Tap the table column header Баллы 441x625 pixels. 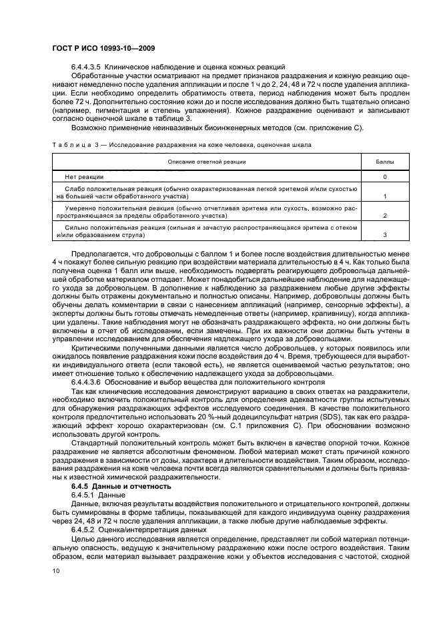(x=385, y=162)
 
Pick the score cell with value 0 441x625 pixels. (x=385, y=177)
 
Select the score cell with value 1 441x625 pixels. (x=385, y=197)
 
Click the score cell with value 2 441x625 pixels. (x=385, y=216)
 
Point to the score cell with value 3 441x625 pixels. (x=385, y=236)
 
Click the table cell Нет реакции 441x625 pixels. (x=83, y=177)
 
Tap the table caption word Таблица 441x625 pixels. (x=69, y=144)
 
